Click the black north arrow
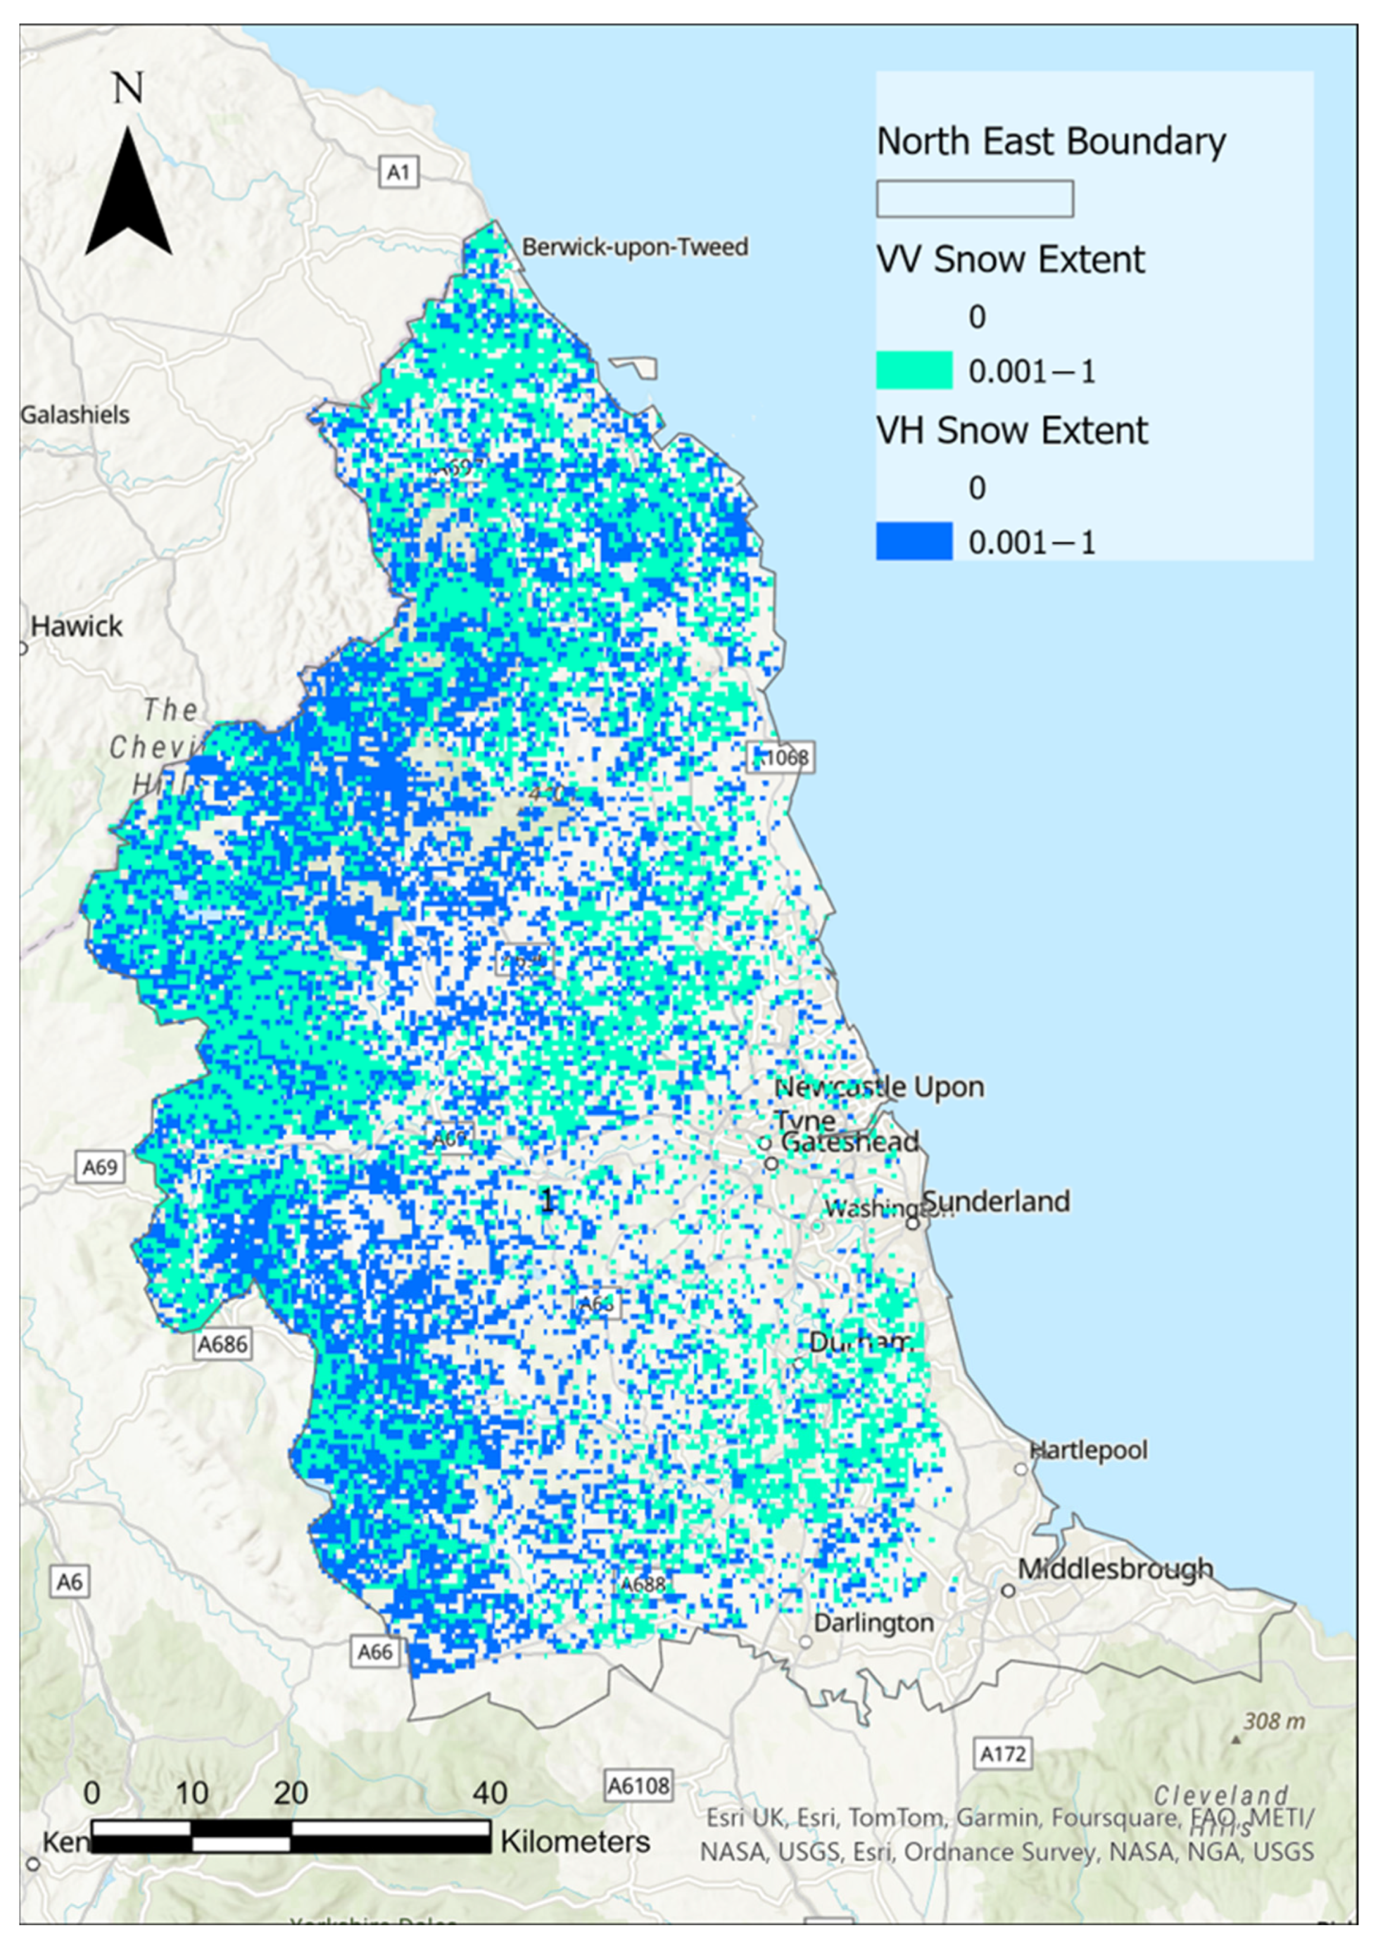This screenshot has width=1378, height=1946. point(128,194)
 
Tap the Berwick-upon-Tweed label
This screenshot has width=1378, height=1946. point(634,248)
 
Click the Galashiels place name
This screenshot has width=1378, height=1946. point(75,415)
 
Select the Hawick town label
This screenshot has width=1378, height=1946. point(77,627)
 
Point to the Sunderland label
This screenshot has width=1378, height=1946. point(995,1202)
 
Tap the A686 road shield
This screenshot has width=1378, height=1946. point(223,1344)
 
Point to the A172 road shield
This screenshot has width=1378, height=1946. point(1003,1753)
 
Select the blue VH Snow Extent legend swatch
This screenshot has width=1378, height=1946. point(914,541)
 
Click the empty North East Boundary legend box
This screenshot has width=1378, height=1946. point(974,199)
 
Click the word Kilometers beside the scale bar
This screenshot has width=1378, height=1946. point(575,1843)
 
